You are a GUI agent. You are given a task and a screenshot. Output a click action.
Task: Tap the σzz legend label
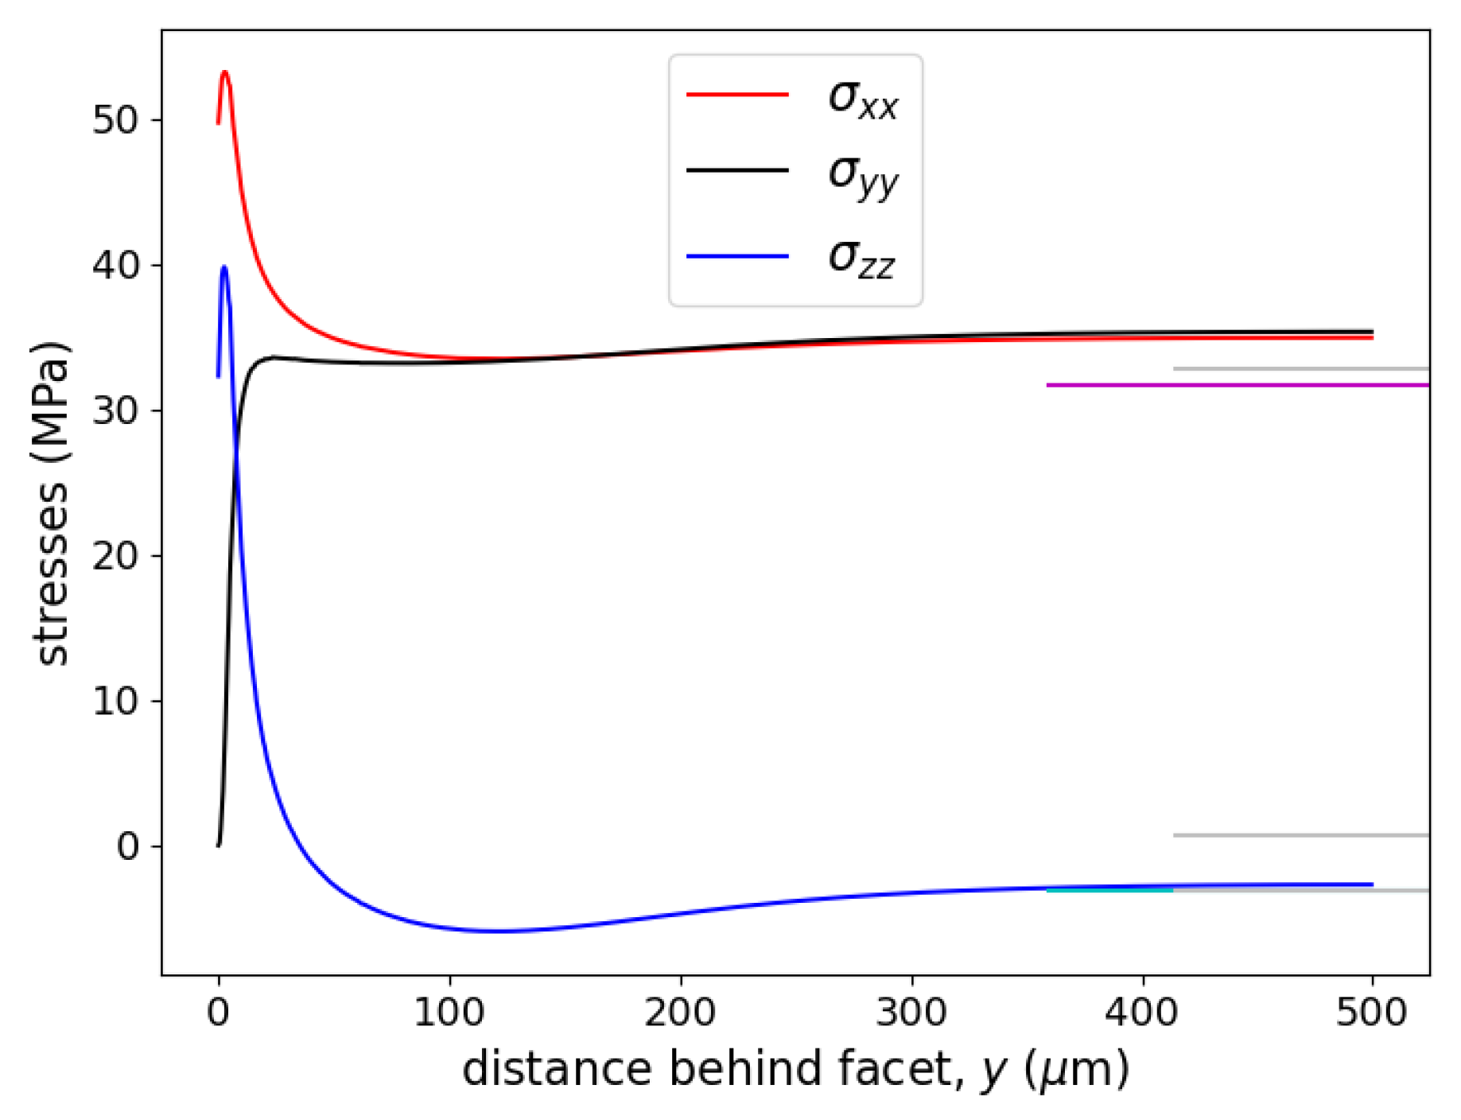(x=861, y=258)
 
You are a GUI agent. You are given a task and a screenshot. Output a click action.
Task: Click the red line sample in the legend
(x=737, y=94)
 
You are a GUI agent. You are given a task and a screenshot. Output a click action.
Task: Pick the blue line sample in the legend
(x=737, y=256)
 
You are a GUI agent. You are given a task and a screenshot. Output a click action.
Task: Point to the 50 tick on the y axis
(x=115, y=120)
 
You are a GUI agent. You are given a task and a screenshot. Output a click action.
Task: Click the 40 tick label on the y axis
(x=115, y=265)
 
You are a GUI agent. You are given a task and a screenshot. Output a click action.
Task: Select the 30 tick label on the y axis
(x=115, y=410)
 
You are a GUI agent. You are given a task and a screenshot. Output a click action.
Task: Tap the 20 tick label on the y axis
(x=115, y=555)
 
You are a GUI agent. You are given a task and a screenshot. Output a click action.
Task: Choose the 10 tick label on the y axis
(x=115, y=701)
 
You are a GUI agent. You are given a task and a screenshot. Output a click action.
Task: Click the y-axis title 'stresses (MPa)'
(x=52, y=503)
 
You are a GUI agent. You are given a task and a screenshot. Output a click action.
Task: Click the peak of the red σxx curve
(x=225, y=72)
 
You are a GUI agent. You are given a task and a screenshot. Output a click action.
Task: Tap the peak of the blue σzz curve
(x=224, y=267)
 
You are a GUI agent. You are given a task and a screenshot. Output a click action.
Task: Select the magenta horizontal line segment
(x=1237, y=385)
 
